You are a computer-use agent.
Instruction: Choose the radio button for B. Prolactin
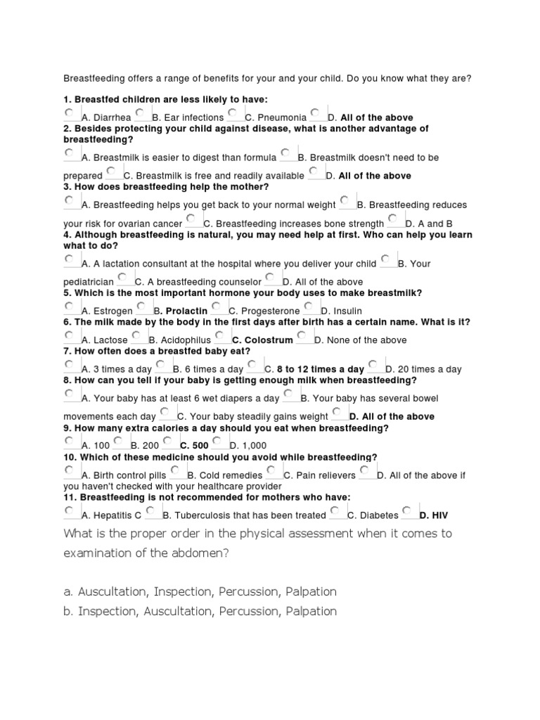[x=141, y=306]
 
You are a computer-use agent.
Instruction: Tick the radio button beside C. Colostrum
[x=220, y=335]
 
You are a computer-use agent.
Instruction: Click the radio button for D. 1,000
[x=217, y=441]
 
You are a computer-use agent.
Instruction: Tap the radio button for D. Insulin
[x=310, y=306]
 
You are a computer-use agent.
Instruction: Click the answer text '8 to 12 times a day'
[x=320, y=369]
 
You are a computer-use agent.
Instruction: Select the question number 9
[x=66, y=427]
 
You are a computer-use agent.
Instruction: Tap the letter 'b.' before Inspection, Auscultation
[x=69, y=611]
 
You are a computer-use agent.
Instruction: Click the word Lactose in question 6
[x=110, y=340]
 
